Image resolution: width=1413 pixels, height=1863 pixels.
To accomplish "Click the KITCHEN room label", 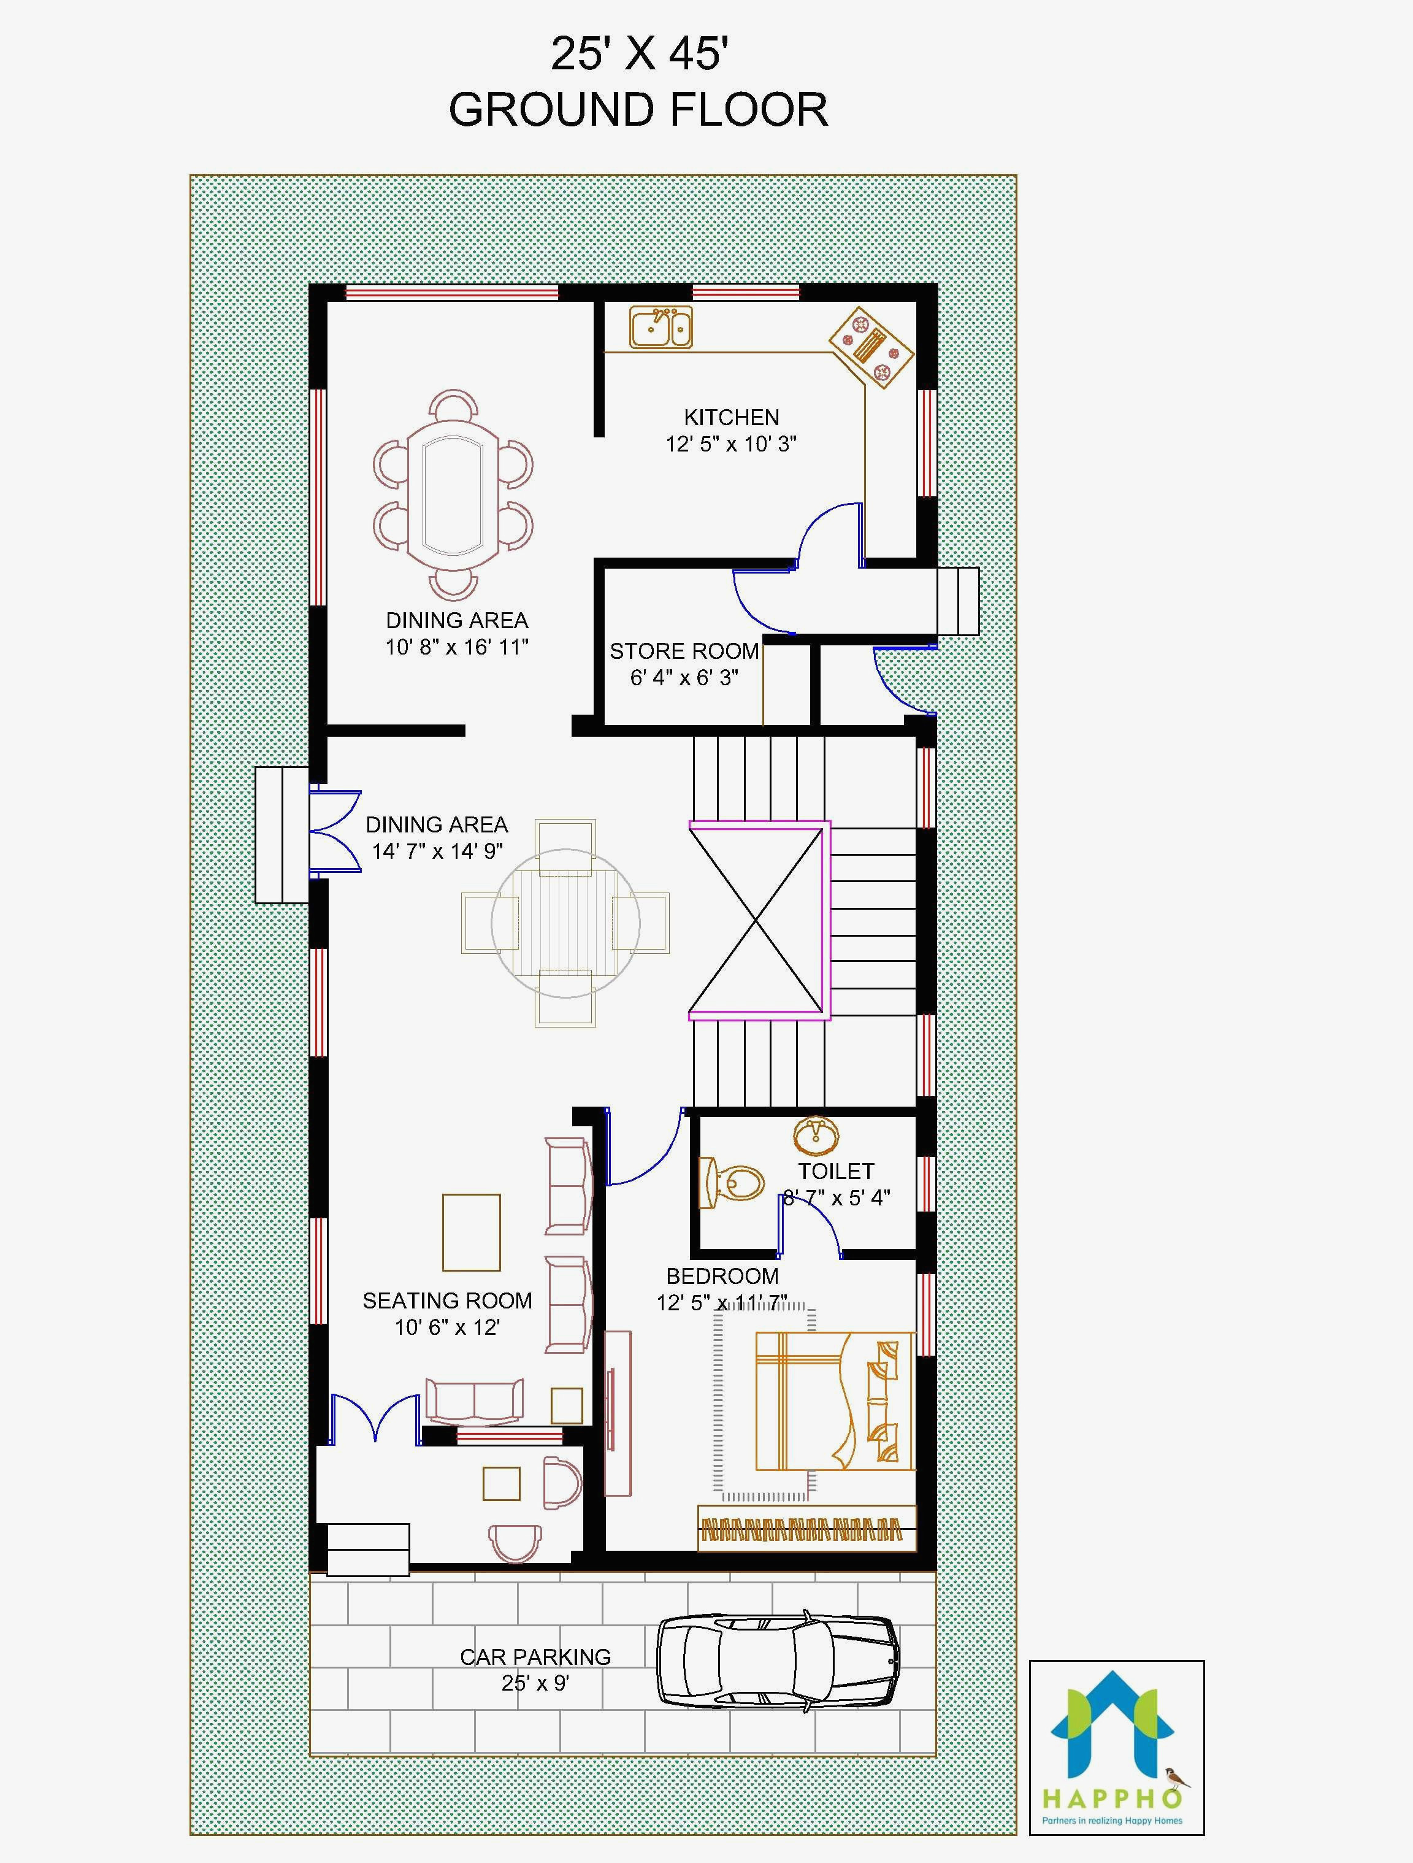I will pyautogui.click(x=731, y=417).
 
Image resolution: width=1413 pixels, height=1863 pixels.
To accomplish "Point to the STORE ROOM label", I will pyautogui.click(x=684, y=651).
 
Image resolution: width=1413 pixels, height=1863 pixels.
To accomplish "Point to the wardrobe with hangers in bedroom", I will pyautogui.click(x=806, y=1527).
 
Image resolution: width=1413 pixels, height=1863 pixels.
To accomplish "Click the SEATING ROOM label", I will pyautogui.click(x=447, y=1301).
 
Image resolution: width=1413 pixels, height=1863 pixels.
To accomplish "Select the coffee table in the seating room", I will pyautogui.click(x=471, y=1232).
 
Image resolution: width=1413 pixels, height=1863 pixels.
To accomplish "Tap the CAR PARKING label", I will pyautogui.click(x=535, y=1657).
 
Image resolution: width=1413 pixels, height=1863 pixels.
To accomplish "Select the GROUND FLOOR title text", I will pyautogui.click(x=638, y=110).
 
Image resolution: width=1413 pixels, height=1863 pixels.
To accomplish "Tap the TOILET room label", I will pyautogui.click(x=835, y=1170).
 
